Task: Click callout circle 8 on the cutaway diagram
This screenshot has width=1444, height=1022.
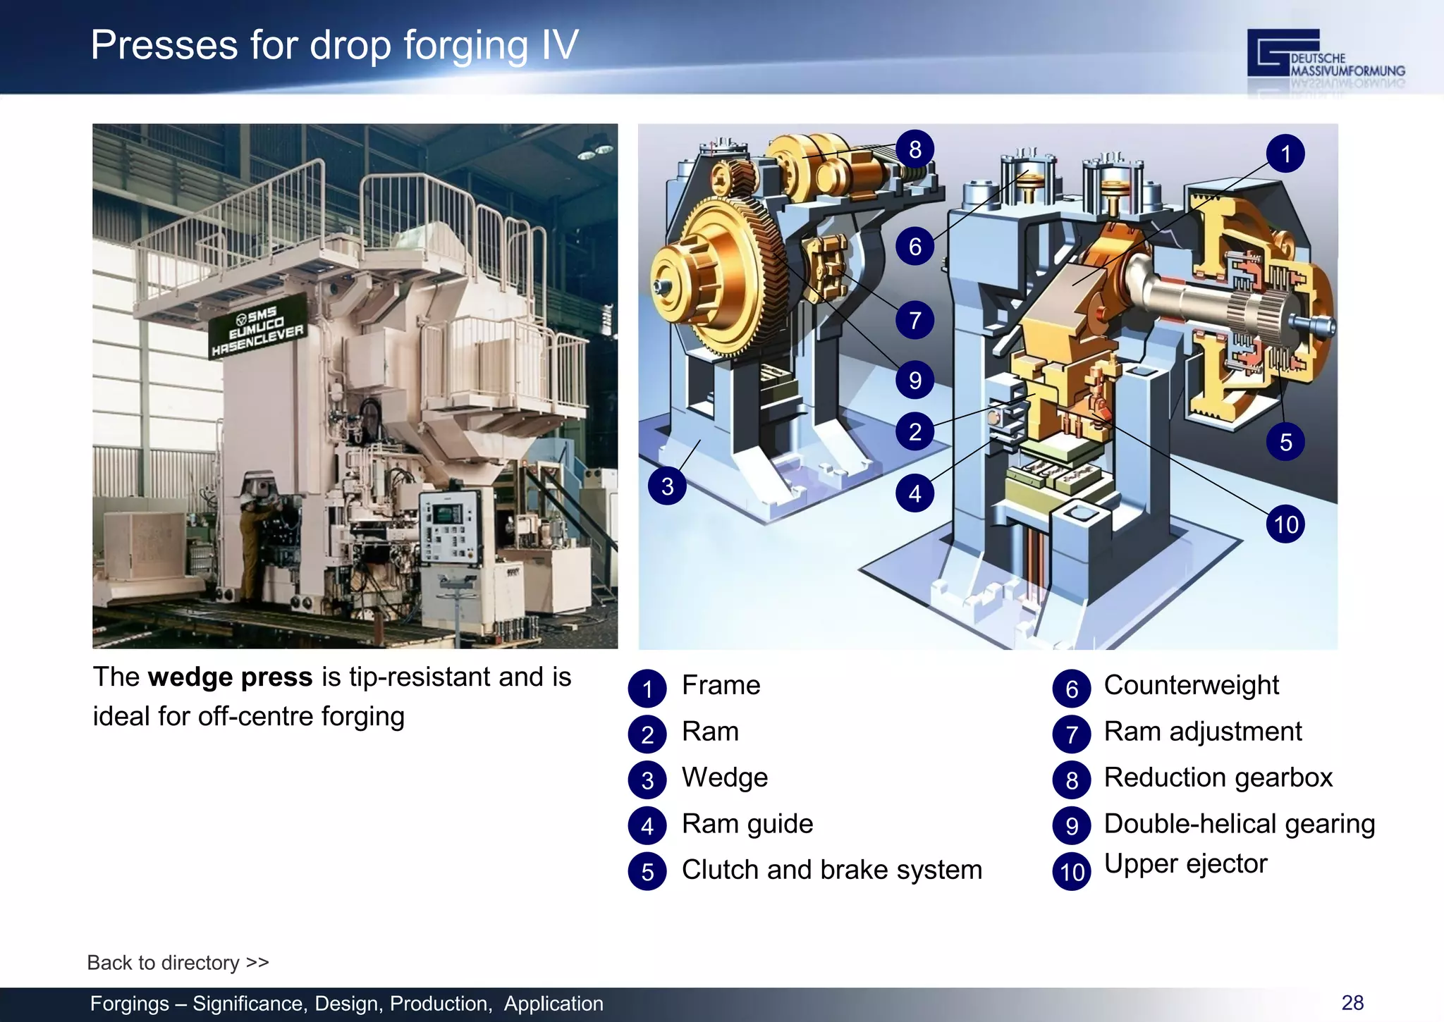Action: [914, 149]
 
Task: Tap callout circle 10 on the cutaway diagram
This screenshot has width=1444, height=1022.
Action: [1285, 524]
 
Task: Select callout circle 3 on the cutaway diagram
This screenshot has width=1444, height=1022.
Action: [667, 486]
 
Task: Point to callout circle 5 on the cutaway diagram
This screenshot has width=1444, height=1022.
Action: [1285, 443]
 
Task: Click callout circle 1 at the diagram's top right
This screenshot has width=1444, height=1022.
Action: [1285, 154]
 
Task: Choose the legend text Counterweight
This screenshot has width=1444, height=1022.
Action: [1191, 685]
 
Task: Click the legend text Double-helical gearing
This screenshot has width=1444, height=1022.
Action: [1239, 824]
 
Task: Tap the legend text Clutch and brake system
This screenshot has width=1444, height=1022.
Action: [831, 870]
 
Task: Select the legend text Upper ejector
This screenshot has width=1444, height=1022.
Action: [1185, 864]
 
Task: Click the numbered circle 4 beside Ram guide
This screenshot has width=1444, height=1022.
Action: [647, 826]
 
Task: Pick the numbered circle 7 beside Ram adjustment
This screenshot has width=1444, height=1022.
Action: [1072, 734]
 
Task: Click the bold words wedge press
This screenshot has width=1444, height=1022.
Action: [231, 677]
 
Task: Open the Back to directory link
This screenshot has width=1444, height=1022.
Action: [178, 963]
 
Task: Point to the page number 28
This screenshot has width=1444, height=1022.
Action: [1352, 1003]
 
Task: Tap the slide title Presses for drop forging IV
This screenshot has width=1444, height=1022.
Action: [334, 45]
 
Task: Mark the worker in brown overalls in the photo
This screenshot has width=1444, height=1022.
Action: [251, 543]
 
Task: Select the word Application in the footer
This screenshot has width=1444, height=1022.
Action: [553, 1004]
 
